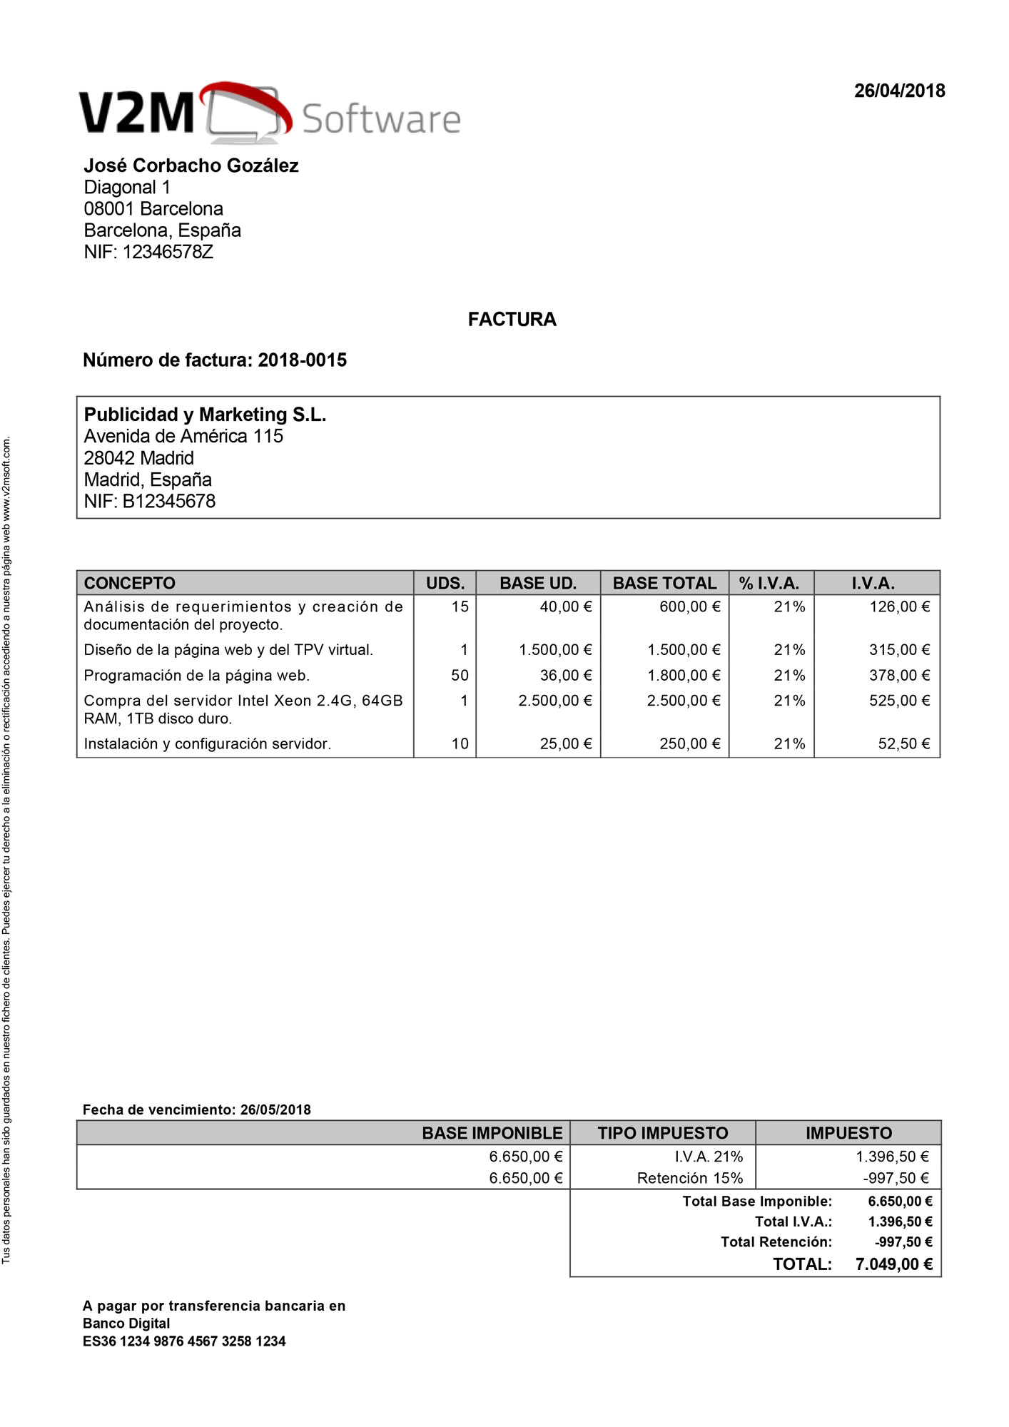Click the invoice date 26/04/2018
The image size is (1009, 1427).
click(x=899, y=91)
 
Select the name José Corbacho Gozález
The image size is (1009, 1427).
click(x=191, y=166)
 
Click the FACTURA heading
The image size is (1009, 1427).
click(x=512, y=319)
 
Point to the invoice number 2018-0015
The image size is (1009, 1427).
click(x=302, y=360)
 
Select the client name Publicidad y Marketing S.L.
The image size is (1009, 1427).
click(x=205, y=415)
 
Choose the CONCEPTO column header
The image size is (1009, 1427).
click(x=130, y=583)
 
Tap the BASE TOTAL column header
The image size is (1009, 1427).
click(x=664, y=583)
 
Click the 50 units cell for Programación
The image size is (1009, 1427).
click(x=460, y=675)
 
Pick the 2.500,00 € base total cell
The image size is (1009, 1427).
click(x=684, y=701)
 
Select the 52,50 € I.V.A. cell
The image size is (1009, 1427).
click(x=903, y=743)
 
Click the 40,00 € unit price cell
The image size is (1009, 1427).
click(x=565, y=606)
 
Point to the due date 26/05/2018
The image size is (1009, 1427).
click(x=275, y=1109)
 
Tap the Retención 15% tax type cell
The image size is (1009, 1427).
click(x=690, y=1178)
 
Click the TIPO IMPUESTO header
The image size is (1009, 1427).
click(x=663, y=1133)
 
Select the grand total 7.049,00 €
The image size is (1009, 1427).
click(x=893, y=1264)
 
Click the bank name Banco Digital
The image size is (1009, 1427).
click(x=126, y=1324)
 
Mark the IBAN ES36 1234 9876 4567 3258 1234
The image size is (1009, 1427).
click(x=184, y=1341)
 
